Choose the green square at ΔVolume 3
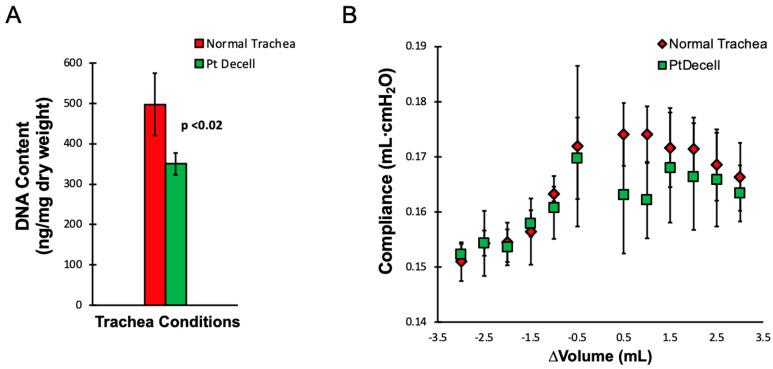click(739, 193)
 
